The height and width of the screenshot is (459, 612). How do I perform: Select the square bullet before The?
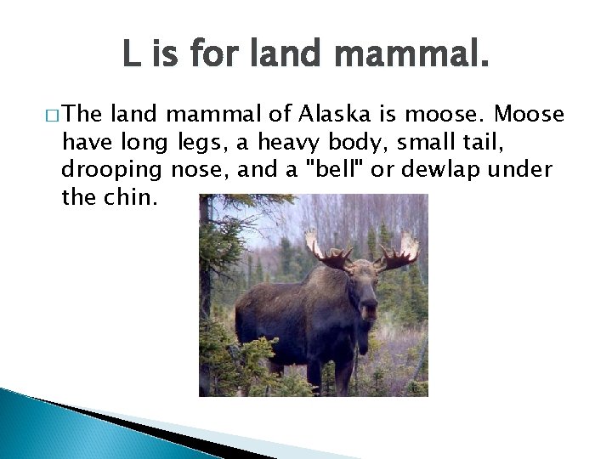(55, 116)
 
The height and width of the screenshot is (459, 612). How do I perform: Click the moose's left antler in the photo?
(326, 251)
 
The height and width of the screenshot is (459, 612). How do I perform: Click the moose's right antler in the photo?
(397, 252)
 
